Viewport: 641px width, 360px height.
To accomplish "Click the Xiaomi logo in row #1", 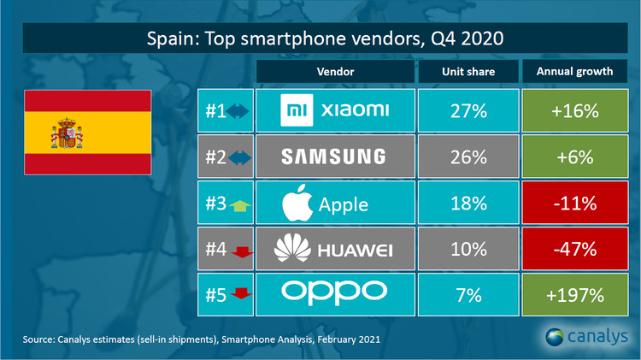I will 335,110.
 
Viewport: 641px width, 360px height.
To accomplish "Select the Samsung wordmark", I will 335,157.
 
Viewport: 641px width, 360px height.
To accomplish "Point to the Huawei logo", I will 335,250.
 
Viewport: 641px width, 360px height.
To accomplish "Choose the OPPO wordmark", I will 335,295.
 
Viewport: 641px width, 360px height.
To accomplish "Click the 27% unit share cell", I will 468,110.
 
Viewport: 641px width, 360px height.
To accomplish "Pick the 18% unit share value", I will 468,204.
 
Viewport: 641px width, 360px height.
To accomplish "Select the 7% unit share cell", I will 468,296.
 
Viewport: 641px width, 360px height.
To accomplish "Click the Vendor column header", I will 335,72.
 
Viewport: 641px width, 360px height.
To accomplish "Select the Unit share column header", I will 468,72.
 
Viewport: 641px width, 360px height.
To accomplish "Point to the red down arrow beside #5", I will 240,296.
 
